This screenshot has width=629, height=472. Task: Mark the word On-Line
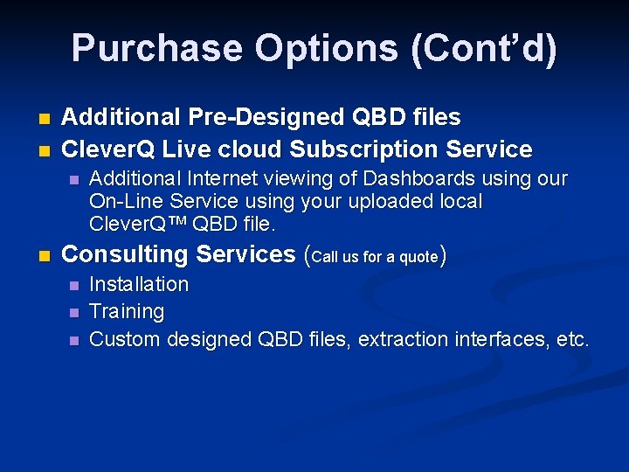pyautogui.click(x=123, y=201)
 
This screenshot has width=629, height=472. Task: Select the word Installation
pyautogui.click(x=139, y=284)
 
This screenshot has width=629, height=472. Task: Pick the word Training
pyautogui.click(x=127, y=311)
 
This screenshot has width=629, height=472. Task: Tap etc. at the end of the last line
pyautogui.click(x=572, y=338)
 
